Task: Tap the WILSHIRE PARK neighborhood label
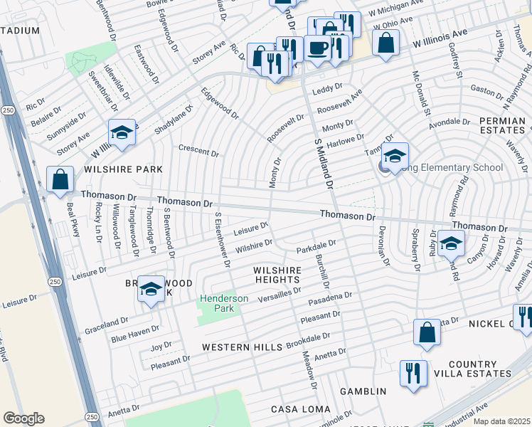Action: pyautogui.click(x=123, y=169)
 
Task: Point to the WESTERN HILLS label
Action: pyautogui.click(x=242, y=347)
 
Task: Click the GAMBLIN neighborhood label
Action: pyautogui.click(x=363, y=391)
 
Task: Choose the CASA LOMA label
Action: pyautogui.click(x=301, y=409)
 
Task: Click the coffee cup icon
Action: pyautogui.click(x=317, y=48)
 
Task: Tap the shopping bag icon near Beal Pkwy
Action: pyautogui.click(x=60, y=179)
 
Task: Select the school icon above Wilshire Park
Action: pyautogui.click(x=122, y=132)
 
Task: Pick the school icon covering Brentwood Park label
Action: pyautogui.click(x=151, y=289)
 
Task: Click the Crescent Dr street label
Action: pyautogui.click(x=198, y=152)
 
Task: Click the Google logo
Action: pyautogui.click(x=23, y=418)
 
